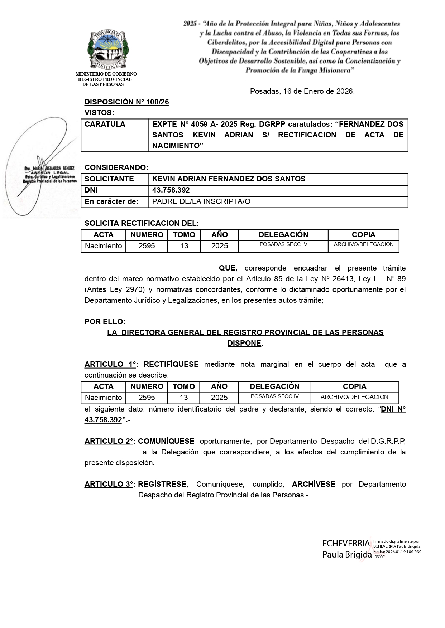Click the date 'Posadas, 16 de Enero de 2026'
point(302,91)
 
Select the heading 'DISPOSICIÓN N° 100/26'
point(126,102)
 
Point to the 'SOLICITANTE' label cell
point(109,179)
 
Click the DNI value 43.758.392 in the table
point(171,190)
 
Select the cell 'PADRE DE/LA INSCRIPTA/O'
point(201,201)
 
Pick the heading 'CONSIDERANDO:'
point(116,167)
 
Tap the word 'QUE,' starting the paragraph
point(228,268)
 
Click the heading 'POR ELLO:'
point(105,322)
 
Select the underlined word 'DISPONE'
point(244,343)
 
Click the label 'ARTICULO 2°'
point(109,441)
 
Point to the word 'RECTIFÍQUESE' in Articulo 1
point(171,364)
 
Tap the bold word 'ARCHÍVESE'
point(314,484)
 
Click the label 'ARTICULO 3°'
point(109,484)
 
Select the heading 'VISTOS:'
point(99,113)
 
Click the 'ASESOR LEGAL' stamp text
point(53,172)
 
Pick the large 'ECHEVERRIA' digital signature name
point(346,544)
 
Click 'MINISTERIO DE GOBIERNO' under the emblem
point(106,74)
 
